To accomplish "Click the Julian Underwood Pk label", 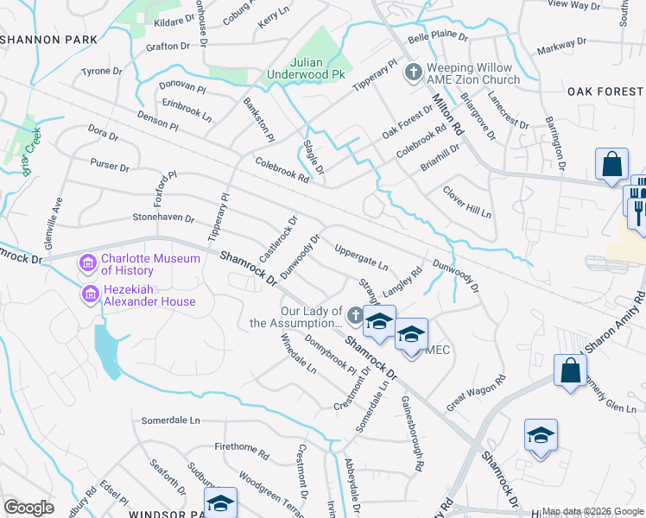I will (x=317, y=68).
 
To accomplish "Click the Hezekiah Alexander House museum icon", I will (x=88, y=295).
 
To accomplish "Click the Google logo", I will (x=28, y=508).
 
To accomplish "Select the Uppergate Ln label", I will (x=360, y=256).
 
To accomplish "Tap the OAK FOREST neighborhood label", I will (x=605, y=92).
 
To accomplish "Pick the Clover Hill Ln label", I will (x=466, y=202).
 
